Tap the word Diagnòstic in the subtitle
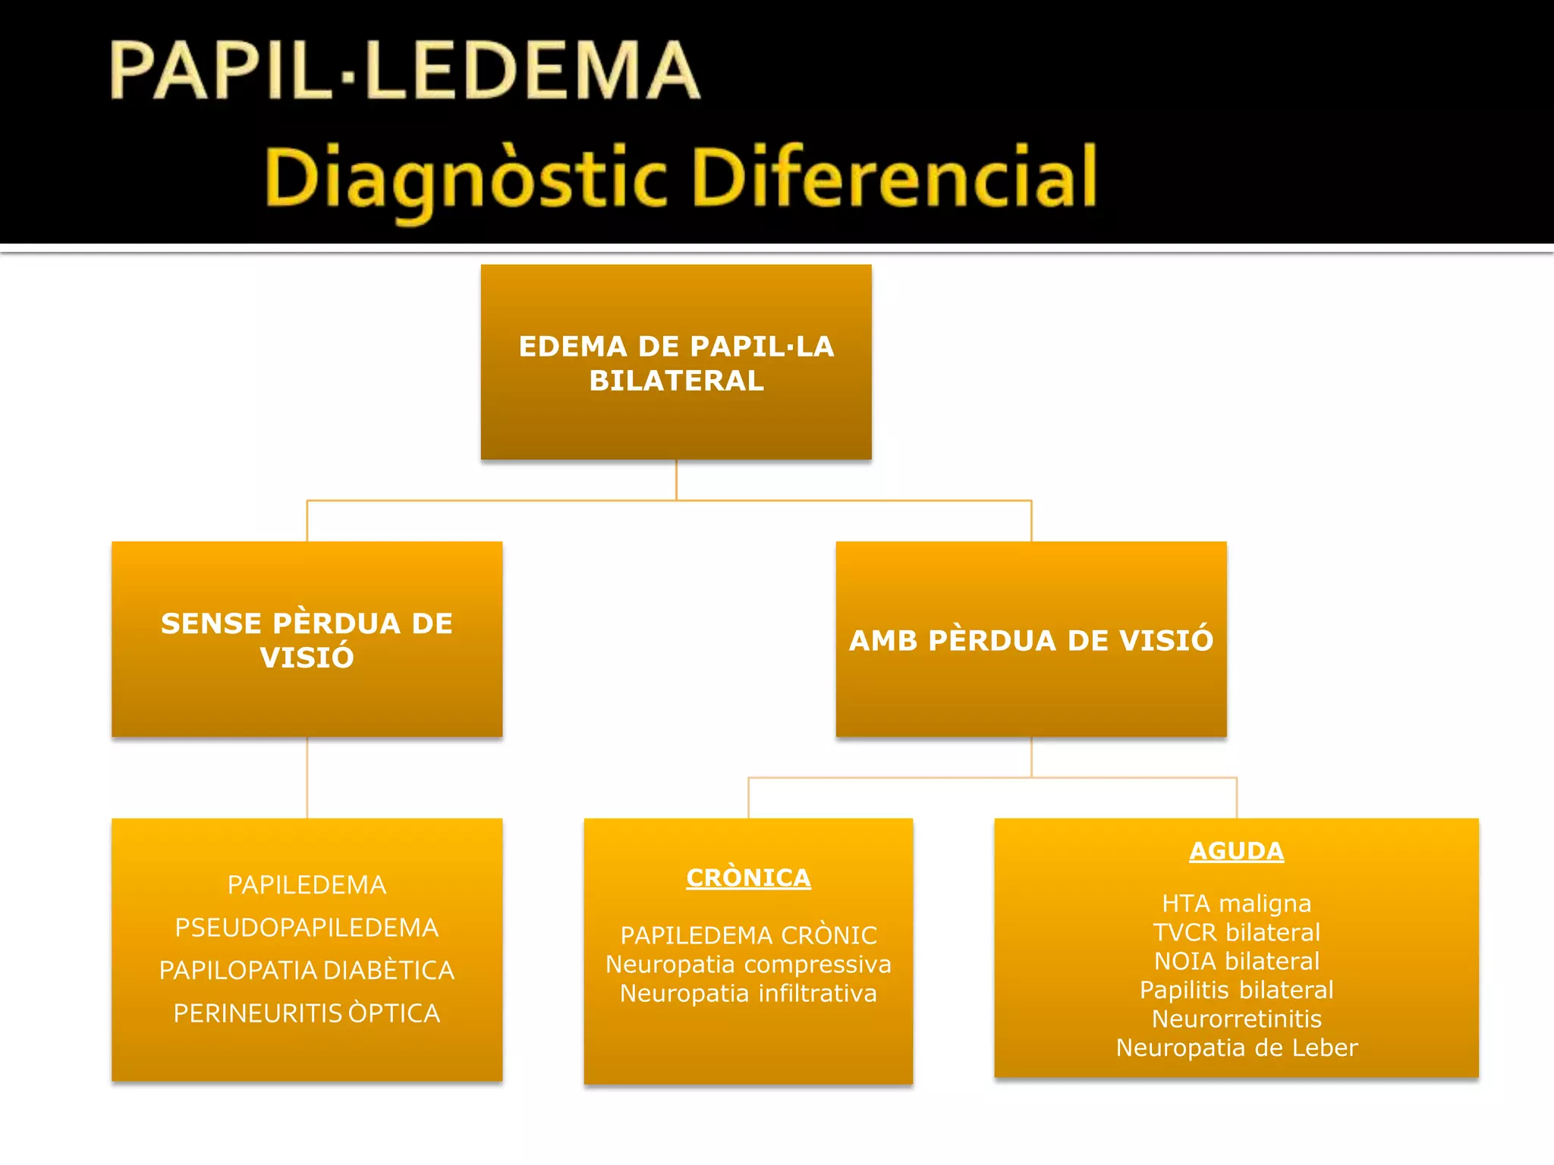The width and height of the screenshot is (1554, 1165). [465, 179]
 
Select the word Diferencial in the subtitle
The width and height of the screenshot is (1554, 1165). [895, 177]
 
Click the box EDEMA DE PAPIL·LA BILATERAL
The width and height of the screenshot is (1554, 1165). [676, 363]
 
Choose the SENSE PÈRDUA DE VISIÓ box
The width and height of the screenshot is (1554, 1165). [307, 639]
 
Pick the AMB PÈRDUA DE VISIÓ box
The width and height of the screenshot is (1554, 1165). [1030, 639]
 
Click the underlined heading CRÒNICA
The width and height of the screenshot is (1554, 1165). [748, 878]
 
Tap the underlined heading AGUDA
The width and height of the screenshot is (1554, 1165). [1236, 851]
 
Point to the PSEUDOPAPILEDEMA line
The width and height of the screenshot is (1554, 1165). [307, 928]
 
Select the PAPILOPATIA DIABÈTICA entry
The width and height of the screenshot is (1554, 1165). [307, 970]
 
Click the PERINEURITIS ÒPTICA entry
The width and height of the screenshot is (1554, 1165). [307, 1013]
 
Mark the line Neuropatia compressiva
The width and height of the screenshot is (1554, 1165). [748, 964]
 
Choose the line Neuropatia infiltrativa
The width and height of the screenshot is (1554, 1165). [748, 993]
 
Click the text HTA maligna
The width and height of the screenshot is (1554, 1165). [1236, 903]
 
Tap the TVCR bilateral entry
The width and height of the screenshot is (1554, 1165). [1236, 932]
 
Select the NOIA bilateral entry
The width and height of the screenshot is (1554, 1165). [1236, 961]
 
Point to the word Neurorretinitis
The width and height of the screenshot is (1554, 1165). [1236, 1019]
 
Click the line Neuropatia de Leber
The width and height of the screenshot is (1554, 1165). [1236, 1047]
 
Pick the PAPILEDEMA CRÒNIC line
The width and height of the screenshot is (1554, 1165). [748, 935]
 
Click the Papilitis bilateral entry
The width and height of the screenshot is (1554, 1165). [1236, 990]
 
